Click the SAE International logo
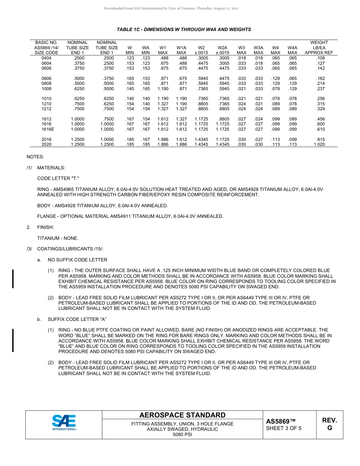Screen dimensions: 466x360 click(x=64, y=422)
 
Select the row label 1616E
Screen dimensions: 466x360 click(x=47, y=129)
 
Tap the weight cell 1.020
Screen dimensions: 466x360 click(x=319, y=144)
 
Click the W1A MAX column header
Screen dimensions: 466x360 click(x=182, y=50)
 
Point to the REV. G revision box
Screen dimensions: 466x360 click(x=329, y=424)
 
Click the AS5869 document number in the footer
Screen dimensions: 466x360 click(x=280, y=421)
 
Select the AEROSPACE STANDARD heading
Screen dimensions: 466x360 click(x=182, y=415)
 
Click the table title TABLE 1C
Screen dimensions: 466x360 click(x=184, y=30)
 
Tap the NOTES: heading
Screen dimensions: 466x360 click(x=35, y=156)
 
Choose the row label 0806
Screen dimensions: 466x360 click(x=47, y=78)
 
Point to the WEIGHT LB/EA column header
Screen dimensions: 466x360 click(x=319, y=48)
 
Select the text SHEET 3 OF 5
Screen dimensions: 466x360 click(x=284, y=428)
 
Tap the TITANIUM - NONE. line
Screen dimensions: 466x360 click(x=58, y=238)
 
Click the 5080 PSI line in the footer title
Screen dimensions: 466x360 click(x=182, y=435)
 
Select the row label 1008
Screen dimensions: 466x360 click(x=47, y=89)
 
